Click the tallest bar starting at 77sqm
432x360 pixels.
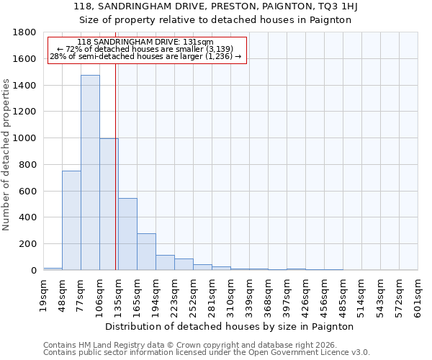(x=90, y=173)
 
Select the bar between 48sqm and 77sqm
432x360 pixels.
(x=71, y=220)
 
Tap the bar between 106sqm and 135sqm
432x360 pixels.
(x=109, y=204)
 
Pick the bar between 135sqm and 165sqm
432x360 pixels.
(x=127, y=234)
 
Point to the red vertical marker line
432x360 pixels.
(x=116, y=180)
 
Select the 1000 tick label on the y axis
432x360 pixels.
(x=25, y=138)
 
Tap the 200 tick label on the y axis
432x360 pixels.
(x=28, y=244)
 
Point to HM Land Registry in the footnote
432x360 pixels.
(x=107, y=345)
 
